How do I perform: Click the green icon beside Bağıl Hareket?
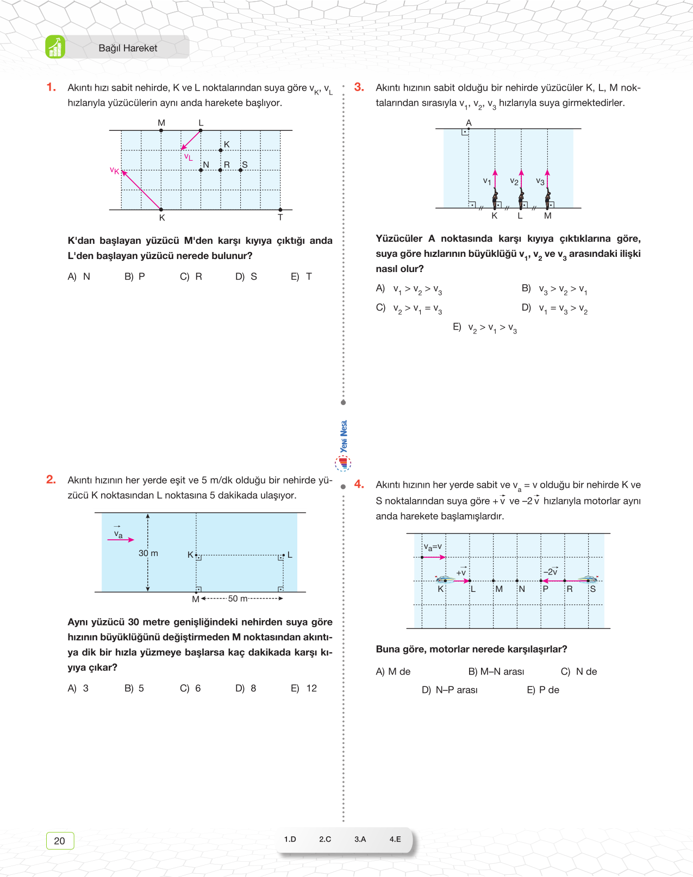(55, 47)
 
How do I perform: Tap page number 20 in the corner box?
(60, 841)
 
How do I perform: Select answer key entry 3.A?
(360, 839)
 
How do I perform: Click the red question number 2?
(51, 479)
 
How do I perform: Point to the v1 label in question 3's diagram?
(487, 181)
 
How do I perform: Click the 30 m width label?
(148, 553)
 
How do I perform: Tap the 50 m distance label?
(238, 598)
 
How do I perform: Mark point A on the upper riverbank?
(469, 123)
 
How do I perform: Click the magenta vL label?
(188, 157)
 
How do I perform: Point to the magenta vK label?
(114, 171)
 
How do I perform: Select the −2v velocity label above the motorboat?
(551, 571)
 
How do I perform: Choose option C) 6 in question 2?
(191, 688)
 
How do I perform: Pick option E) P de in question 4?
(543, 690)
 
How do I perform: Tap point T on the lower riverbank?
(280, 216)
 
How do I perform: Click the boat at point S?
(587, 579)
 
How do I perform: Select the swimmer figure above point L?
(521, 198)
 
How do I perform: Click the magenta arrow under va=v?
(434, 557)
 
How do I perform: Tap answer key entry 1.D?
(290, 839)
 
